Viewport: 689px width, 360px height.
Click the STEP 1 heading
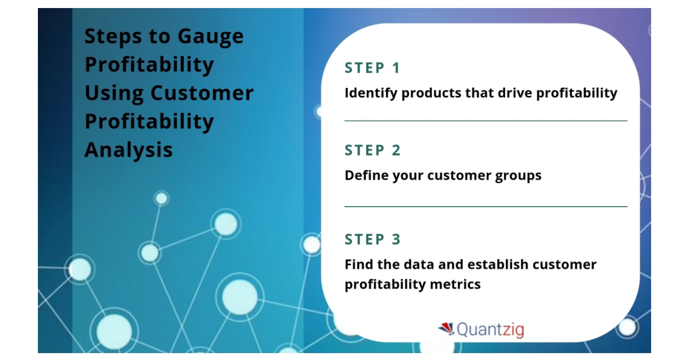(x=372, y=68)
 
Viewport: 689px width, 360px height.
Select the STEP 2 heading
(x=373, y=150)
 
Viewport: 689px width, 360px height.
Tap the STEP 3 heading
(x=373, y=239)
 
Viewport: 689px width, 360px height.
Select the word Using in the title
(x=114, y=94)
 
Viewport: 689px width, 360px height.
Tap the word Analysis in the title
(x=129, y=150)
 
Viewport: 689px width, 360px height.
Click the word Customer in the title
(x=202, y=93)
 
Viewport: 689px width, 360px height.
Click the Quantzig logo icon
(x=446, y=329)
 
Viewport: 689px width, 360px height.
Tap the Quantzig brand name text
(x=490, y=330)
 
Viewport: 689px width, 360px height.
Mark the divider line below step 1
(x=486, y=121)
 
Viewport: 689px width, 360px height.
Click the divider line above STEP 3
(x=486, y=206)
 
